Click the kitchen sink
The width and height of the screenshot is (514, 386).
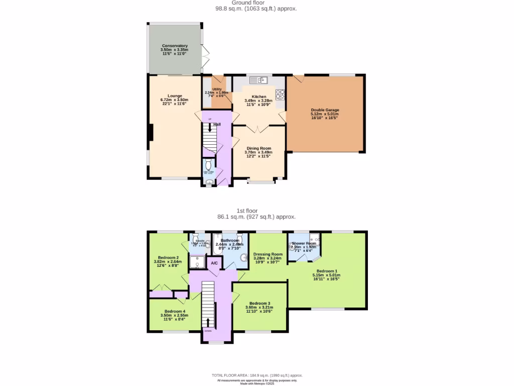point(260,79)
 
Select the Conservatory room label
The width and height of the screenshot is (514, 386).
point(174,46)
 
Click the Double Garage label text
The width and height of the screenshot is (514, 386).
point(325,110)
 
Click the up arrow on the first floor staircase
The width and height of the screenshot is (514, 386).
point(208,322)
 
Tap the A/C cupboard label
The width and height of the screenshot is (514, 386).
point(214,263)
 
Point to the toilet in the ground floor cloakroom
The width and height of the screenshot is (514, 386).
point(209,164)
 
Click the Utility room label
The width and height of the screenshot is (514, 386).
point(217,89)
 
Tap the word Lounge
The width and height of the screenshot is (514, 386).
point(175,95)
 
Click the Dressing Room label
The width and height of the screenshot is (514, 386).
point(268,254)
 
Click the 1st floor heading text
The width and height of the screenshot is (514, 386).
point(256,211)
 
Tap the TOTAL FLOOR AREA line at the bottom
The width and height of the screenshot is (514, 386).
point(256,375)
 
